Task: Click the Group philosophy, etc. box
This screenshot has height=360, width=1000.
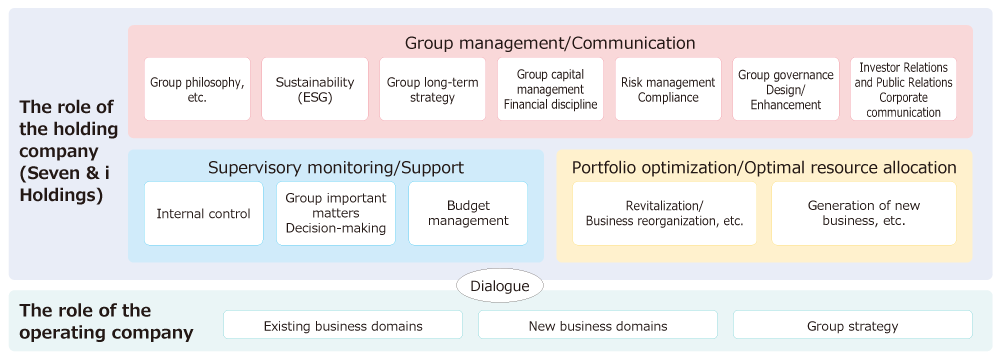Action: click(197, 89)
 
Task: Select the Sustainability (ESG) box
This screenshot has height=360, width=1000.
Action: click(315, 89)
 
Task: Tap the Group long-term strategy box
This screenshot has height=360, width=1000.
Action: click(433, 89)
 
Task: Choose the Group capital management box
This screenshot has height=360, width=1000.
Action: click(551, 89)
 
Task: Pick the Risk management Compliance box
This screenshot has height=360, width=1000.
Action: click(668, 89)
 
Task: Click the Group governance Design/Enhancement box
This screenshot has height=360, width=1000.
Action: click(786, 89)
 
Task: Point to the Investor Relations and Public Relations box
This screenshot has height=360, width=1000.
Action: click(904, 89)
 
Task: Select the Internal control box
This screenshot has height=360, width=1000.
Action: click(204, 213)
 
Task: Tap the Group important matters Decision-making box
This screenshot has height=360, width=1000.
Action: click(336, 213)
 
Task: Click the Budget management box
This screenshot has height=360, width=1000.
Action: click(468, 213)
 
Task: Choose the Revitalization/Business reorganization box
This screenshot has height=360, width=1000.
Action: click(664, 213)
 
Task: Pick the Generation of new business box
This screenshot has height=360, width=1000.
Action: click(864, 213)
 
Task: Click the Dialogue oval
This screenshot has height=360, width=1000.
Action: click(500, 286)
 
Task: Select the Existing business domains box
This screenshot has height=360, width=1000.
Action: click(343, 325)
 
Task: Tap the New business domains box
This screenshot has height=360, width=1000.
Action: click(598, 325)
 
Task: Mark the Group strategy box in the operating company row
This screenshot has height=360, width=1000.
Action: click(853, 325)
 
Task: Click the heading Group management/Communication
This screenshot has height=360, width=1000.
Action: click(550, 43)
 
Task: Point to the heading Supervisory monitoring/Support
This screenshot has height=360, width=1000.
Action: click(336, 167)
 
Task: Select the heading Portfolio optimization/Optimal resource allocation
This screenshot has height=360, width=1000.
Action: click(764, 167)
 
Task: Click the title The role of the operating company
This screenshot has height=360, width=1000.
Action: click(106, 321)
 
